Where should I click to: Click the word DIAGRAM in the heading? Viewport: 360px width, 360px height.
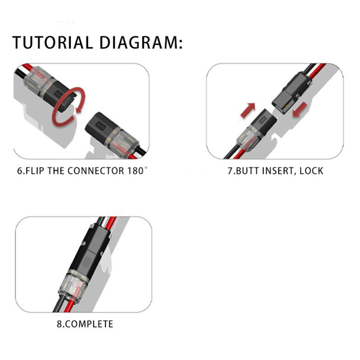140,42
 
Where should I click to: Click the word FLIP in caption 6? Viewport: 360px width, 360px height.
36,170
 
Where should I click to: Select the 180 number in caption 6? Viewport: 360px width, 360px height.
135,170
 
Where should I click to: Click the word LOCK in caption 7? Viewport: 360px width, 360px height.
310,170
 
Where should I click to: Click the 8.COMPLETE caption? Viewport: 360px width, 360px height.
85,324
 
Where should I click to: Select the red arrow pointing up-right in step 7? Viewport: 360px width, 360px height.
248,109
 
